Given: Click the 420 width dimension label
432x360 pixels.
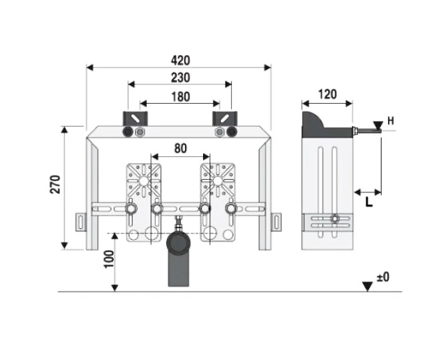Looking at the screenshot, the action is click(181, 60).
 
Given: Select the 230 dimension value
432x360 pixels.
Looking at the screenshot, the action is click(181, 78).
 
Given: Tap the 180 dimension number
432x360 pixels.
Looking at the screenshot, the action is click(181, 97).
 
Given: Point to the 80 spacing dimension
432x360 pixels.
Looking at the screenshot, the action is click(181, 149).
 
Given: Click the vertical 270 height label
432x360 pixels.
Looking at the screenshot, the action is click(55, 184).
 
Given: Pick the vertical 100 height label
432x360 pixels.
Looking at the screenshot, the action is click(109, 259).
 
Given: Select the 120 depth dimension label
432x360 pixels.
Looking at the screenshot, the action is click(328, 94).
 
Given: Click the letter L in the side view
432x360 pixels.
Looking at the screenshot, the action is click(369, 202).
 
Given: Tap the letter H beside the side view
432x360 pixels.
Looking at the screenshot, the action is click(391, 121).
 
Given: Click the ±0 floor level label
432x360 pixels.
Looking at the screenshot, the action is click(383, 276).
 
